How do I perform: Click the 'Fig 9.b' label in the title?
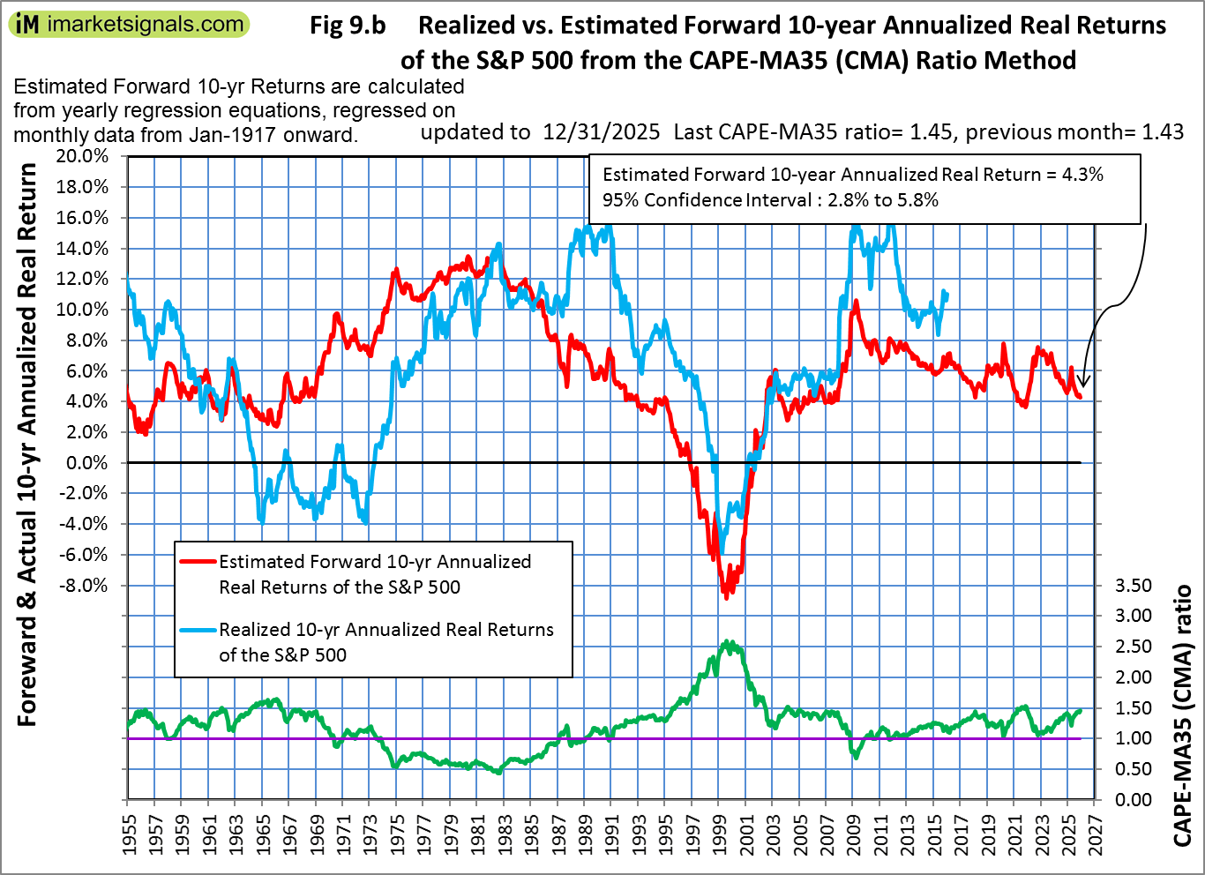[x=348, y=26]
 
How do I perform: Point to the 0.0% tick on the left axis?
[x=89, y=462]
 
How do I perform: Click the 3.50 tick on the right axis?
[x=1134, y=586]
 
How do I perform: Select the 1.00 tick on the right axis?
[x=1134, y=738]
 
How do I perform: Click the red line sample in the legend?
[x=198, y=562]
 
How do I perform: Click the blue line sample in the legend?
[x=198, y=630]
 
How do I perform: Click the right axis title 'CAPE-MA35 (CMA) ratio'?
[x=1183, y=714]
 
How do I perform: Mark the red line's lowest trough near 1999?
[x=726, y=598]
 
